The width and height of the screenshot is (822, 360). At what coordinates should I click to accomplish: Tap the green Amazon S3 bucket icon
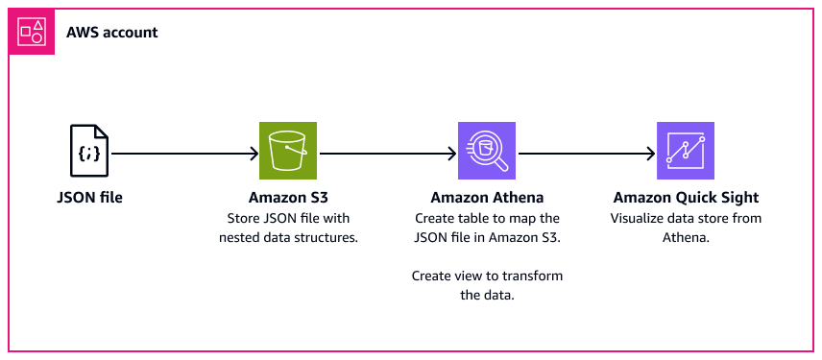pos(288,152)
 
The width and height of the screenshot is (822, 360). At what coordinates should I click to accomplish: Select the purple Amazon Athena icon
pos(487,152)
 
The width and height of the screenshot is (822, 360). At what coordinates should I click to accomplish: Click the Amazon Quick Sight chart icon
pos(686,152)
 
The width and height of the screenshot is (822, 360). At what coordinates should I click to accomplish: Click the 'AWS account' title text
pos(112,33)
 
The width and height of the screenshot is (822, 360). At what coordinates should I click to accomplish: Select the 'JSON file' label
pos(89,198)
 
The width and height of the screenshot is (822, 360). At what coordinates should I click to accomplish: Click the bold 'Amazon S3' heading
pos(289,198)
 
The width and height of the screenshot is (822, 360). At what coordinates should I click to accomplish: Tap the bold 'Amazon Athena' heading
pos(487,198)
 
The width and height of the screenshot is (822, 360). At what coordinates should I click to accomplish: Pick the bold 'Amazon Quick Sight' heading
pos(686,198)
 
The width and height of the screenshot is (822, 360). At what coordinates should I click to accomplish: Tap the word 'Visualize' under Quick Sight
pos(638,218)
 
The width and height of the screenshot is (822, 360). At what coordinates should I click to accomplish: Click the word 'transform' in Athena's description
pos(534,276)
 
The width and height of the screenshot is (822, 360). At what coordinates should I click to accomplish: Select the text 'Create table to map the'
pos(487,218)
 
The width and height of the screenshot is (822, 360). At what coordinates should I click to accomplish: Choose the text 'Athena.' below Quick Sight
pos(686,236)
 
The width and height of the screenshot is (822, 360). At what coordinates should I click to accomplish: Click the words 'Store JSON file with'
pos(289,218)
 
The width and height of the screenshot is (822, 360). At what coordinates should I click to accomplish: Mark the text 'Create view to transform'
pos(487,276)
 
